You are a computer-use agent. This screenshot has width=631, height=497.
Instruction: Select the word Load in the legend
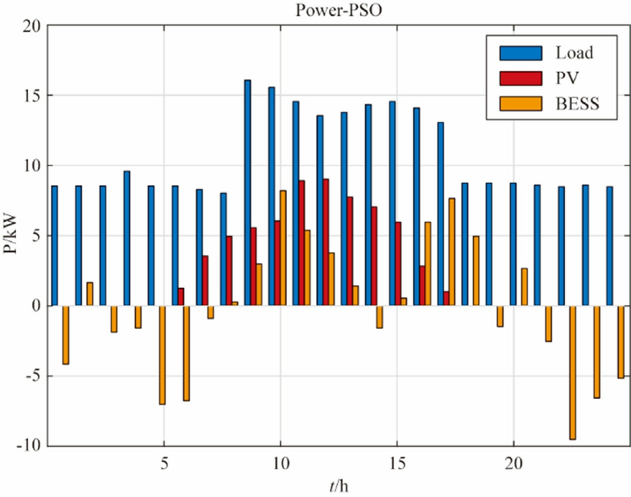click(574, 52)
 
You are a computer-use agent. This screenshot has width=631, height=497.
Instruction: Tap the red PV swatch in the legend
click(521, 78)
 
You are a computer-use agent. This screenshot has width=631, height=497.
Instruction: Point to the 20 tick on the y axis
click(32, 26)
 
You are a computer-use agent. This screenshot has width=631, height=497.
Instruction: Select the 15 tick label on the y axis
click(32, 96)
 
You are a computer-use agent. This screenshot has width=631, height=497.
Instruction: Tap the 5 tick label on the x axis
click(164, 462)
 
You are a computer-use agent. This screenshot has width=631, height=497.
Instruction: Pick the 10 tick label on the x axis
click(280, 462)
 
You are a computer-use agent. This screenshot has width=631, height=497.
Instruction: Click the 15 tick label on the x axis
click(397, 462)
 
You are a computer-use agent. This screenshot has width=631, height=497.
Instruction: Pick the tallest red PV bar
click(326, 242)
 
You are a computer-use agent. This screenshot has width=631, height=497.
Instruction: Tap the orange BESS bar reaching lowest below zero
click(572, 372)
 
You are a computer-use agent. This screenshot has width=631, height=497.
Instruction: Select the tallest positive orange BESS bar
click(283, 248)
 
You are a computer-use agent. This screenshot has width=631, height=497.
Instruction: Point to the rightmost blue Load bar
click(609, 246)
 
